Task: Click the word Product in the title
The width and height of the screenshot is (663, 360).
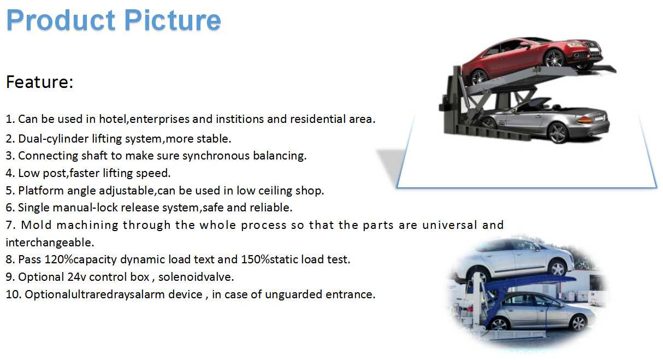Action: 61,20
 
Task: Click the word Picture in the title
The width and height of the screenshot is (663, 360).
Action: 173,20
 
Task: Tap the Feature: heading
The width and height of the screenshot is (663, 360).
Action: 39,82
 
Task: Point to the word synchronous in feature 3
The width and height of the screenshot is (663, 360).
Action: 216,156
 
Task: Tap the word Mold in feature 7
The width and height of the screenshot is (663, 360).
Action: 37,225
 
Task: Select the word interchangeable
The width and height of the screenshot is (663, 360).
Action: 50,243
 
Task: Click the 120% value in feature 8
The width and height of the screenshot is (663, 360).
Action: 58,259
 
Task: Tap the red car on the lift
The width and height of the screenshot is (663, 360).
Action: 531,58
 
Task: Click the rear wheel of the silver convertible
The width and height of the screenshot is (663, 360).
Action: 558,133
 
